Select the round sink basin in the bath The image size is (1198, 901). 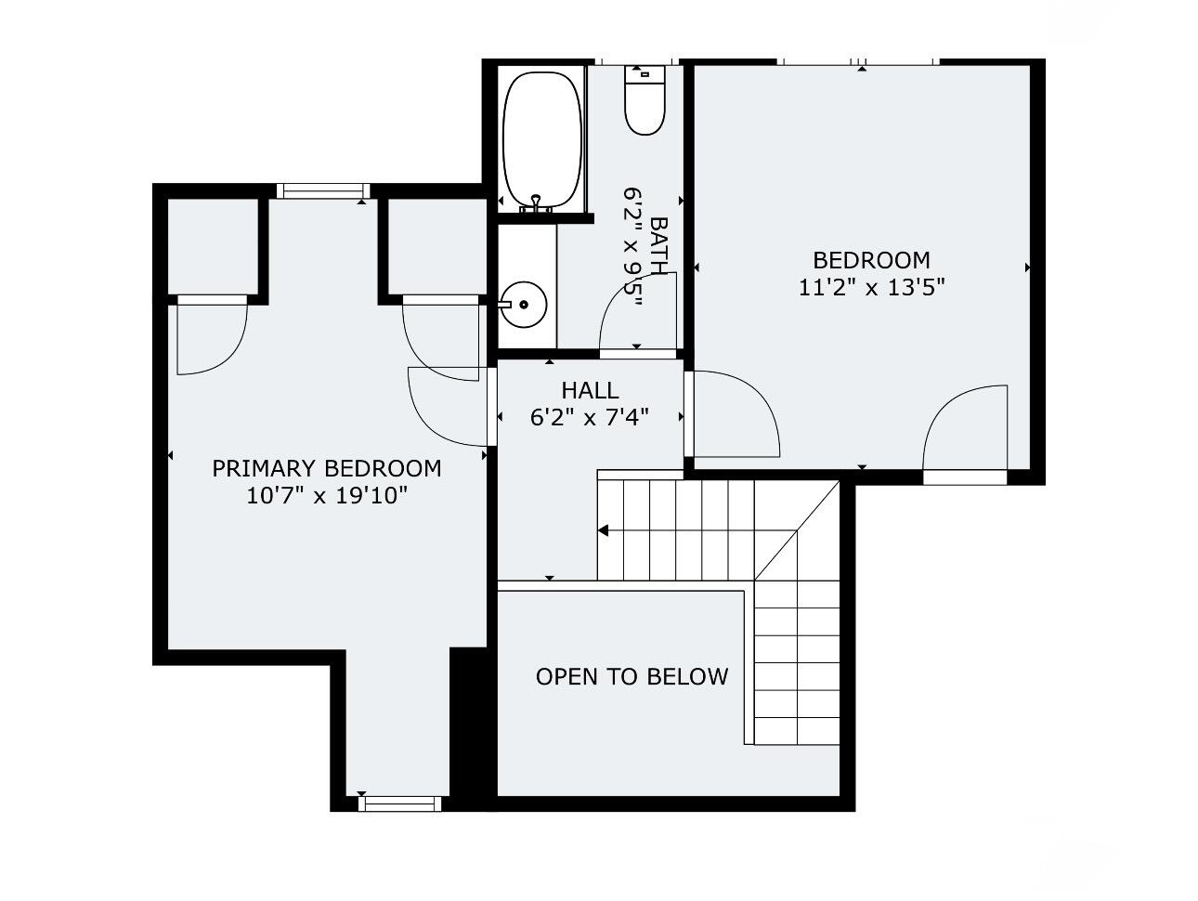coord(524,304)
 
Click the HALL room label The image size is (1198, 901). coord(590,390)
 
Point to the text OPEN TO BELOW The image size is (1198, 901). coord(632,677)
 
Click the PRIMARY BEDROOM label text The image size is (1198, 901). coord(327,468)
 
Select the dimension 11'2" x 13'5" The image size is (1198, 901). coord(871,287)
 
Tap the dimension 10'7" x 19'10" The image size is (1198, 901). coord(327,496)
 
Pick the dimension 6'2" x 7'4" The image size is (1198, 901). coord(590,418)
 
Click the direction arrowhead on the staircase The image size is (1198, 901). coord(603,531)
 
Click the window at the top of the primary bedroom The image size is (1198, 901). coord(323,191)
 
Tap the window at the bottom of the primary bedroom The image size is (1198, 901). coord(399,803)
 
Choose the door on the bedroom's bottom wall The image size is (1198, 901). coord(966,432)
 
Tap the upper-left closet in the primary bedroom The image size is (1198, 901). coord(211,245)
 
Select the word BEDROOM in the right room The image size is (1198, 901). coord(871,260)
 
